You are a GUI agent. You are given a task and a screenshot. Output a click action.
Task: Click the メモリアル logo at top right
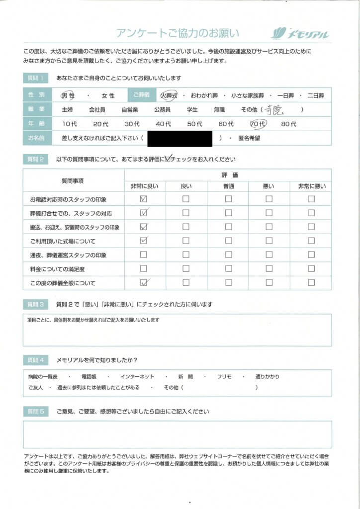click(300, 34)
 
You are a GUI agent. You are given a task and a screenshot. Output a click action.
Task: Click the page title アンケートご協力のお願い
click(178, 33)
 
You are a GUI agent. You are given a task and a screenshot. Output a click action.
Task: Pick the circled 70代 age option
click(259, 123)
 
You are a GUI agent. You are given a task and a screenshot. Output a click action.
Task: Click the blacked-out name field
click(180, 138)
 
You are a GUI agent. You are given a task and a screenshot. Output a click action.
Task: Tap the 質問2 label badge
click(36, 160)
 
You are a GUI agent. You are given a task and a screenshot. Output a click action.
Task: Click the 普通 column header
click(228, 186)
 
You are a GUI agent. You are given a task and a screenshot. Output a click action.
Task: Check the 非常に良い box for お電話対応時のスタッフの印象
click(144, 199)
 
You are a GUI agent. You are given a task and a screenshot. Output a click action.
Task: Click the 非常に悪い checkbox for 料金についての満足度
click(311, 269)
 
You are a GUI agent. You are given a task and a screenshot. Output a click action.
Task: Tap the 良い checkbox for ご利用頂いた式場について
click(185, 241)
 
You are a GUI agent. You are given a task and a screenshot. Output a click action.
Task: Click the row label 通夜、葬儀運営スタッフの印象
click(69, 255)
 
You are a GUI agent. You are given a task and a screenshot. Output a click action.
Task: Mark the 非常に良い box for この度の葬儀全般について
click(144, 283)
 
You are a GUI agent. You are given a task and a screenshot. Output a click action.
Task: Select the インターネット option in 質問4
click(137, 377)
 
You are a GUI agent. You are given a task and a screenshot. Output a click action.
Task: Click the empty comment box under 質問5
click(177, 434)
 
